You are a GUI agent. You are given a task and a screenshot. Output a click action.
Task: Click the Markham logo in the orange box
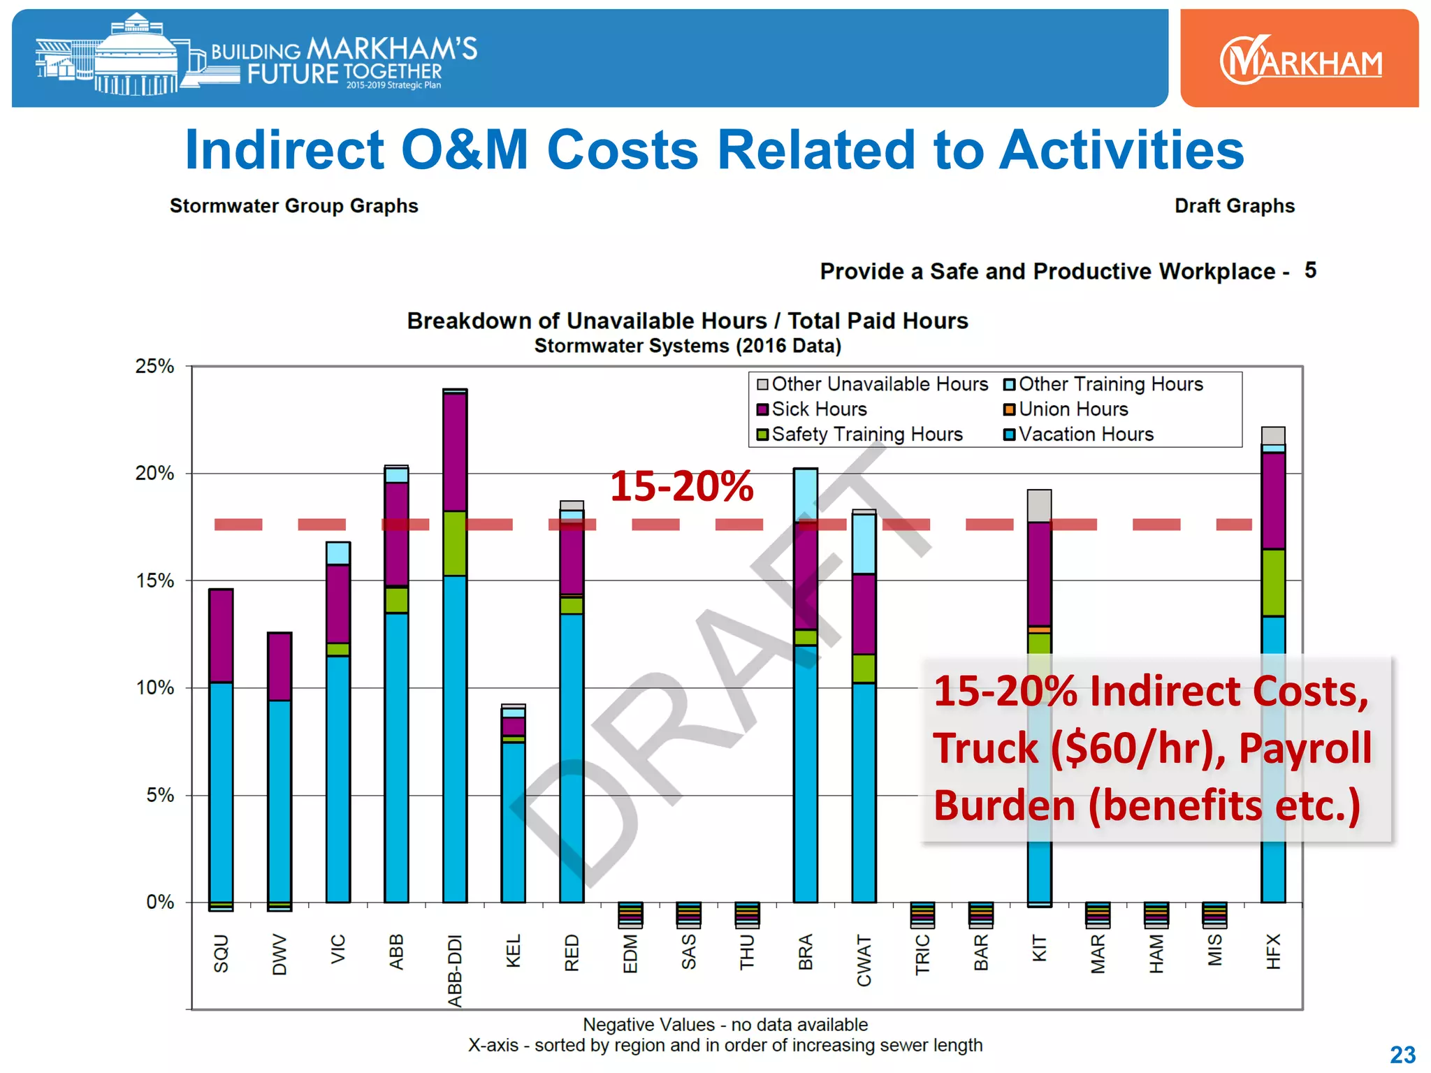[x=1300, y=60]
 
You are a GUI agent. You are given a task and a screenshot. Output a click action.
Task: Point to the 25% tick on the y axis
[x=154, y=366]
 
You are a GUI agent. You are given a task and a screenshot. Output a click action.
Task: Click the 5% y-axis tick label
[x=160, y=795]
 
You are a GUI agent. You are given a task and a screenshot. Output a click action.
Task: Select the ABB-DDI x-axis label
[x=455, y=970]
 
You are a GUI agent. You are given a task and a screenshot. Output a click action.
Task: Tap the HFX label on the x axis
[x=1273, y=951]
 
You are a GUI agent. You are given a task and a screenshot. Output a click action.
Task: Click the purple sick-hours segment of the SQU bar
[x=221, y=636]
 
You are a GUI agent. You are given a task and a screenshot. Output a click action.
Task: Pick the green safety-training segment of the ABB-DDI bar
[x=455, y=543]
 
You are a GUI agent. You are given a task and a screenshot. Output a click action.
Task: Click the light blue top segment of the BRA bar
[x=805, y=495]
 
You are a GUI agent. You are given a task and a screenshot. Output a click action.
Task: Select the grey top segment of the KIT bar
[x=1039, y=506]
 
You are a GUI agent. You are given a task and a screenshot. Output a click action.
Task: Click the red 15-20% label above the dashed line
[x=681, y=486]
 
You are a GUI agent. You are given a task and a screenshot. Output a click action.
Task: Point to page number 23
[x=1402, y=1054]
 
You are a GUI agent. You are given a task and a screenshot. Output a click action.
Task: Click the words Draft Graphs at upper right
[x=1234, y=206]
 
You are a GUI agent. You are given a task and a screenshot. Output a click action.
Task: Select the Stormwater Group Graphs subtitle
[x=293, y=206]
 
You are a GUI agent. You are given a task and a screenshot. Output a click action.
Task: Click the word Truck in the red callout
[x=985, y=748]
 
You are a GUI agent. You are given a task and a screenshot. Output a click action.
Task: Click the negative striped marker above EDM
[x=630, y=914]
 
